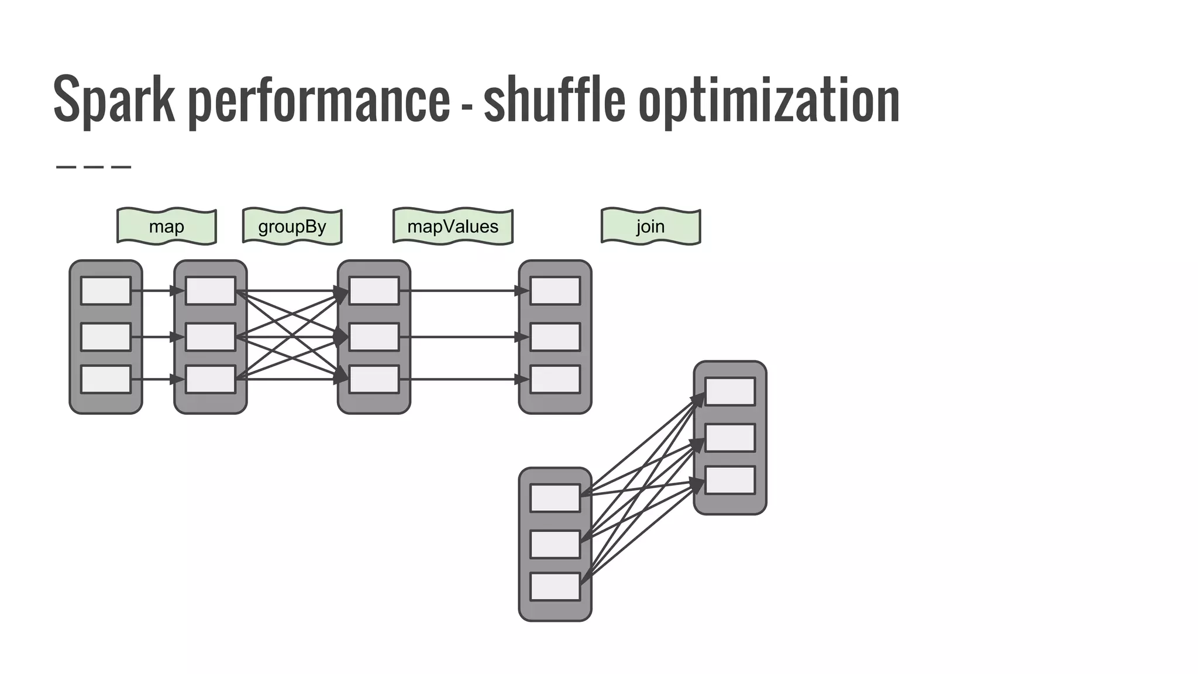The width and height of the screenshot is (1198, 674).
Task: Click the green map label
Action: [x=167, y=226]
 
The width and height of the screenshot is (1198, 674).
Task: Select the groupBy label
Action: [x=292, y=226]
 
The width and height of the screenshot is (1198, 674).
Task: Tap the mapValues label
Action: [x=453, y=226]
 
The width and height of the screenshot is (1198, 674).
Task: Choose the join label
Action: [x=650, y=226]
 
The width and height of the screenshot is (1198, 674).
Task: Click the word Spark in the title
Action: [x=114, y=99]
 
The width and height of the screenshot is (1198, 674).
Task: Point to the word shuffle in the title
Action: [x=554, y=99]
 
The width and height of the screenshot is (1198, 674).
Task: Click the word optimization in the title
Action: [x=769, y=99]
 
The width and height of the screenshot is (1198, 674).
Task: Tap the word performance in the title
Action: [x=319, y=99]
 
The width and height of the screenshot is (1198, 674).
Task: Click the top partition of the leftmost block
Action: [x=106, y=291]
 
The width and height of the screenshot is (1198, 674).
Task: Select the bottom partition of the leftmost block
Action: [x=106, y=380]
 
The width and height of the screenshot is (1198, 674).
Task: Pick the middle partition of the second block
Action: [x=211, y=337]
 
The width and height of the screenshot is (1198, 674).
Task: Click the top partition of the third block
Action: [x=374, y=291]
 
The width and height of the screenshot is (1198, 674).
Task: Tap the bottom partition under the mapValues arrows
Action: [x=555, y=380]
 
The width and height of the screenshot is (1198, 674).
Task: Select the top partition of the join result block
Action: [x=730, y=391]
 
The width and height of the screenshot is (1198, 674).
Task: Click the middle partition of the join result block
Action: [x=730, y=438]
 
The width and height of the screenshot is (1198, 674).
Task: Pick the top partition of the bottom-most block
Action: [x=555, y=498]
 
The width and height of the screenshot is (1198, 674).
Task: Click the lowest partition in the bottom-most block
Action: [x=555, y=587]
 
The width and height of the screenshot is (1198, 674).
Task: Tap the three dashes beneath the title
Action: [x=94, y=167]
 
